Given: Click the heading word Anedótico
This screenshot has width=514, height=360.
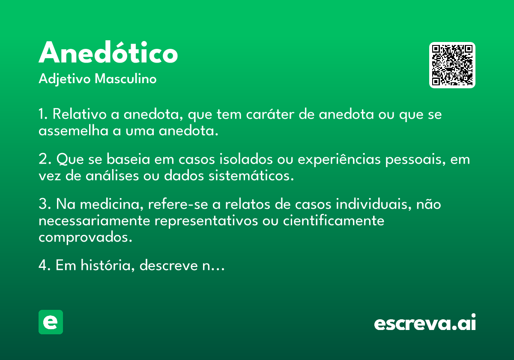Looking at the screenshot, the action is [108, 52].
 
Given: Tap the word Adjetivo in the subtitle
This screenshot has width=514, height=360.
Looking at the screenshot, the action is [65, 79].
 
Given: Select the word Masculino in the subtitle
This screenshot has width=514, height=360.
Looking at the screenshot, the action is [126, 78].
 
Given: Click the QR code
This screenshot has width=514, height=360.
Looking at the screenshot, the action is [452, 65].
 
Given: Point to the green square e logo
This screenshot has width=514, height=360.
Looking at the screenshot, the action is [51, 322].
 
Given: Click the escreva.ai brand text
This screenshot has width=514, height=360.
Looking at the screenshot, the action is [425, 322].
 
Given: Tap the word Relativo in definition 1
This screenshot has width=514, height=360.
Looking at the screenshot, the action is [80, 114].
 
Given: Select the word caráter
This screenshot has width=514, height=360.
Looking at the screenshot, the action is [270, 114].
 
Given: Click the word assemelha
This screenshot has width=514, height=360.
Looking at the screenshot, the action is [73, 131].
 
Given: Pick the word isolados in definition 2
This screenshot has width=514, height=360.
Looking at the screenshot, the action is [246, 159].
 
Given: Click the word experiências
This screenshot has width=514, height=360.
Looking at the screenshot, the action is [339, 159].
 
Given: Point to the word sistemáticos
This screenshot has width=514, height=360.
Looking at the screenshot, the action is [251, 176].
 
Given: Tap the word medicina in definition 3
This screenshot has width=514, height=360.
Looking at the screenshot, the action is [112, 204].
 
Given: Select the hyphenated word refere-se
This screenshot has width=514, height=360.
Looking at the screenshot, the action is [178, 204].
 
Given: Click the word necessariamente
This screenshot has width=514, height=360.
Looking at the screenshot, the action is [94, 221].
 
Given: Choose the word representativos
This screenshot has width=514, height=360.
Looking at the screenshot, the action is [206, 221].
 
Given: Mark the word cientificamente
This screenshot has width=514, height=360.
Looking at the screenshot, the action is [334, 221].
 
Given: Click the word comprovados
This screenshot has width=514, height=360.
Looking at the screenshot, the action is [85, 237].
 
